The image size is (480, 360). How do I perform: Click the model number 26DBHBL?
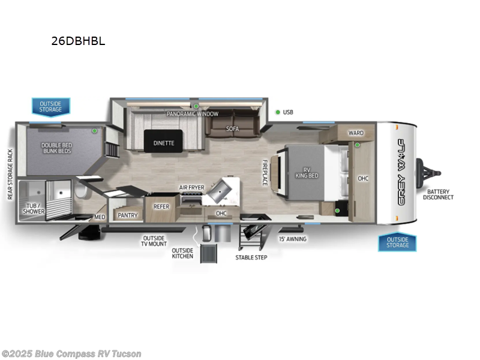[79, 42]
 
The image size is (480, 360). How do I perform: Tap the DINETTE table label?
[163, 143]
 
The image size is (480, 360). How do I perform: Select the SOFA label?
[233, 128]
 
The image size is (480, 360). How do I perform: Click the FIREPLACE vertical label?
[264, 172]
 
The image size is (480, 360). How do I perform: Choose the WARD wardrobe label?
[356, 133]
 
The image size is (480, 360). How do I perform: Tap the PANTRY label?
[128, 215]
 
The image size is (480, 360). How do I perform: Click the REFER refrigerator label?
[161, 206]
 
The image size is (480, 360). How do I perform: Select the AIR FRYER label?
[192, 188]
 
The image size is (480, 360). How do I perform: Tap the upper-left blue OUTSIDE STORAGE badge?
[50, 106]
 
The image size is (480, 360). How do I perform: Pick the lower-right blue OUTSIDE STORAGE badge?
[397, 242]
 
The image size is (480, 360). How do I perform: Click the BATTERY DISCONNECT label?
[439, 194]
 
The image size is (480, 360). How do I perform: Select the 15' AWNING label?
[293, 239]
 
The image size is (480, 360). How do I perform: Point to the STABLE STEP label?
[251, 257]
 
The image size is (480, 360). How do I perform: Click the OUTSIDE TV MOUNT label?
[154, 241]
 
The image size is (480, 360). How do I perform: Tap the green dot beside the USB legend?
[278, 112]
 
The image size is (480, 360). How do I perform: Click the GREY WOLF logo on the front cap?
[402, 171]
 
